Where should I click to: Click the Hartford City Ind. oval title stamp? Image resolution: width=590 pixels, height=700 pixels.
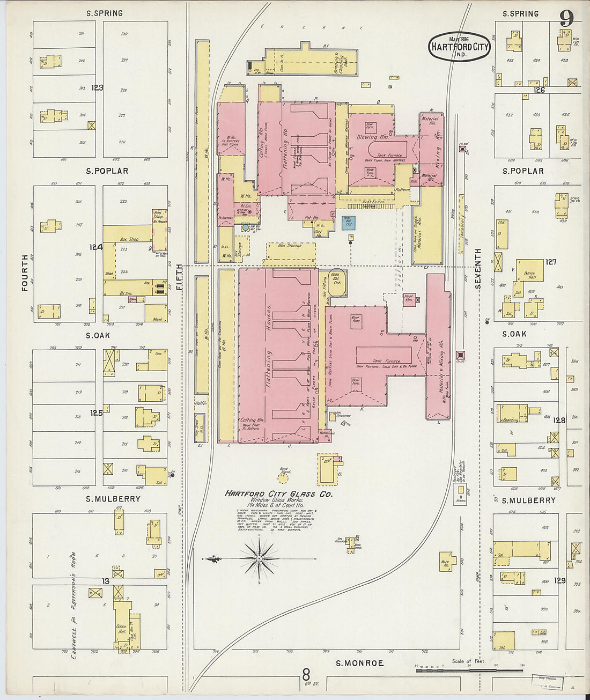[x=459, y=47]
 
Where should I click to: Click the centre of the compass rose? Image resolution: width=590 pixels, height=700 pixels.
[x=259, y=559]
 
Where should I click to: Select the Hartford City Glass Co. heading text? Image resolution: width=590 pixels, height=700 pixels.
[x=278, y=493]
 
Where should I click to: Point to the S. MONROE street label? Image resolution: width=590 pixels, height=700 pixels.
[x=359, y=663]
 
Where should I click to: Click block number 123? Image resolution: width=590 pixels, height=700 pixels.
[x=97, y=87]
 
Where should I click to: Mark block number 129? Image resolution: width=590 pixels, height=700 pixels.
[x=559, y=580]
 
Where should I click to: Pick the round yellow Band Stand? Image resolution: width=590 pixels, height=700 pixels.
[x=283, y=475]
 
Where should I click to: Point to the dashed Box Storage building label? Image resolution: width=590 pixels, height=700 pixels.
[x=290, y=246]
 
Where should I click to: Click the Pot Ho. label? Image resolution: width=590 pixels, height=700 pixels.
[x=312, y=218]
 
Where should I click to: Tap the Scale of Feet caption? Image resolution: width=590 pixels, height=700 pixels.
[x=468, y=661]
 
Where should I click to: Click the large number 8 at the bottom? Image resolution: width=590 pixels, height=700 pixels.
[x=306, y=673]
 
